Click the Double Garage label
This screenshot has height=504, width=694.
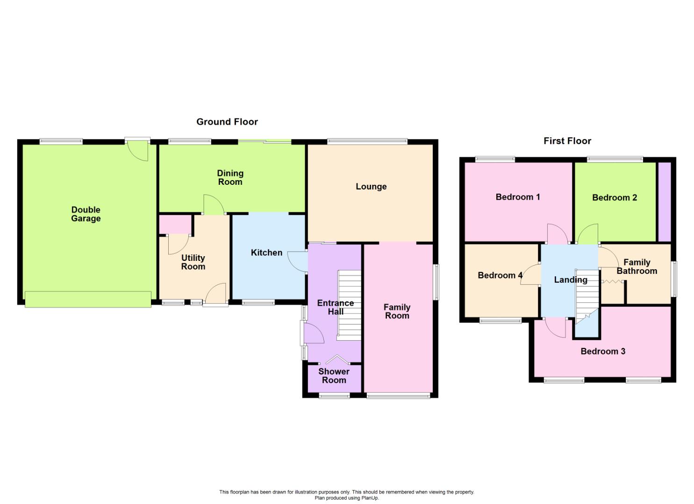tap(86, 214)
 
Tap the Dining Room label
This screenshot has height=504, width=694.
tap(230, 178)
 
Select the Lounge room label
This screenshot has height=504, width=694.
tap(371, 187)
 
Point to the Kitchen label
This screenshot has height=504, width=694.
tap(266, 252)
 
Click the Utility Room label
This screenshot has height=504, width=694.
tap(193, 262)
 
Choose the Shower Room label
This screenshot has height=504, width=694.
tap(334, 376)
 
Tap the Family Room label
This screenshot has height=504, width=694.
tap(397, 311)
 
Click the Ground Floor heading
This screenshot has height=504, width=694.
tap(227, 122)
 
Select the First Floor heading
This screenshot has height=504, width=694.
tap(567, 141)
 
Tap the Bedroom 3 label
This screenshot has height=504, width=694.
tap(602, 351)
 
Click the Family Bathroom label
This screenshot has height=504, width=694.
tap(637, 266)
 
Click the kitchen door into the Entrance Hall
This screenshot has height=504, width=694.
tap(298, 260)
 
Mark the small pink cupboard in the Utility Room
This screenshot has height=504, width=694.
tap(175, 224)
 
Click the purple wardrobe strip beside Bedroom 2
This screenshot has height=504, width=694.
tap(664, 202)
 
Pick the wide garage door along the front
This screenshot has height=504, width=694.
tap(88, 299)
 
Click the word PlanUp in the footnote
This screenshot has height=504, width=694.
tap(367, 498)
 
